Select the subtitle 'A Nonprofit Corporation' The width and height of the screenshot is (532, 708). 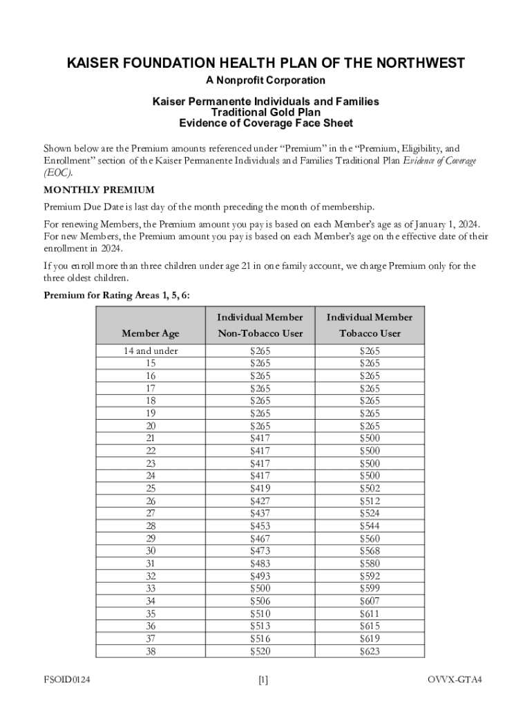265,81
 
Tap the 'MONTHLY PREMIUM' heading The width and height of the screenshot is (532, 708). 99,189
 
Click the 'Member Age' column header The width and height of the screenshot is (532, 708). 150,334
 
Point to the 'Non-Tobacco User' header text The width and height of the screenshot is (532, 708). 260,334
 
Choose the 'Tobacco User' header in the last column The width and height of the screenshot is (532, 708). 370,334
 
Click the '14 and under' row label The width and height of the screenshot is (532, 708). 150,351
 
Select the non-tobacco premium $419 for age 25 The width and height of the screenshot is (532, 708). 260,488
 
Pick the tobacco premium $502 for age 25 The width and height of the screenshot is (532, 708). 370,488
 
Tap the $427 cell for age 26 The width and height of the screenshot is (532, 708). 260,501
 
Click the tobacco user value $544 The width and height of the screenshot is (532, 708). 370,526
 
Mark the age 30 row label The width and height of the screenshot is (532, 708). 150,551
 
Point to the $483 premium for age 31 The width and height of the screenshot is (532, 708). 260,563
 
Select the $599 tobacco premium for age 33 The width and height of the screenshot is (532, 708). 370,588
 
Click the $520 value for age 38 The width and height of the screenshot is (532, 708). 260,651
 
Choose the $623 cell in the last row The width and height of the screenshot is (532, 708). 370,651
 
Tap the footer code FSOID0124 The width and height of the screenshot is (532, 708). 68,680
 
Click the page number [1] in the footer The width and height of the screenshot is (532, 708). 263,680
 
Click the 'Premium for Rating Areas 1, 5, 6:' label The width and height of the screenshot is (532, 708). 117,296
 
